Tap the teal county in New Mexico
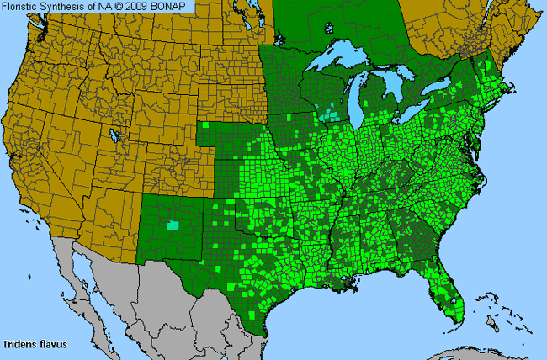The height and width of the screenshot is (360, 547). point(173,225)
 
